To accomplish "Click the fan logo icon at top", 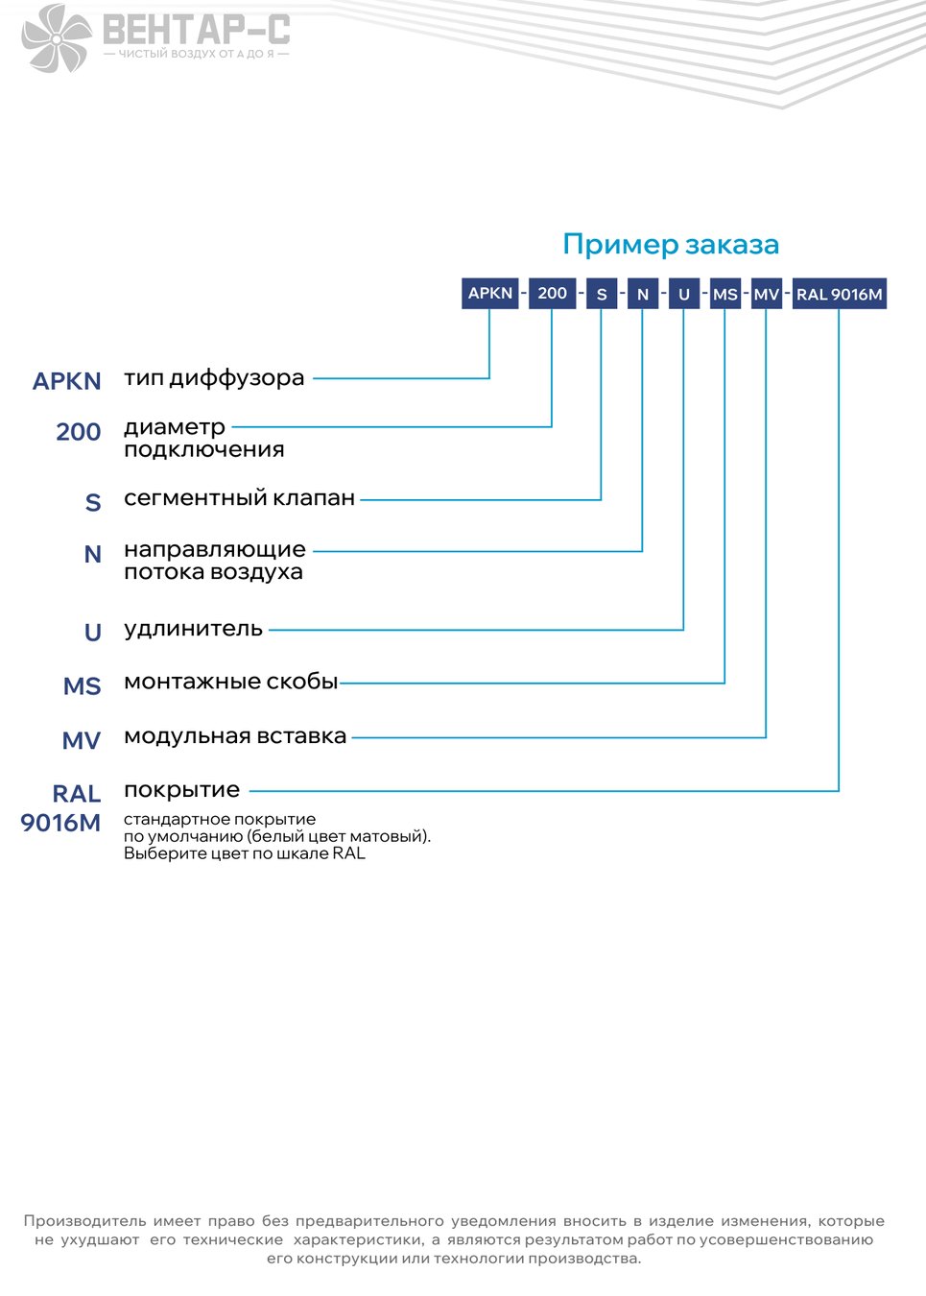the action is tap(57, 38).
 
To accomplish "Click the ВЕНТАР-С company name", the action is tap(197, 30).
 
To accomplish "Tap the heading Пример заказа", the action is tap(671, 244).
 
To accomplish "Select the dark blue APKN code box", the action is tap(490, 294).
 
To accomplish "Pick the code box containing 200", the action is tap(553, 294).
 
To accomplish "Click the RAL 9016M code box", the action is tap(840, 294).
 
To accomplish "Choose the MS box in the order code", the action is tap(725, 294).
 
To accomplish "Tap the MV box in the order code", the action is tap(767, 294).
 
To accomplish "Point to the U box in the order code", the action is tap(684, 294).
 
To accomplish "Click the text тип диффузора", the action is tap(214, 378).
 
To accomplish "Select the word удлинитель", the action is tap(193, 629).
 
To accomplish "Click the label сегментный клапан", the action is tap(240, 497).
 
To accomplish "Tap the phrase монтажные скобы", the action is tap(230, 682).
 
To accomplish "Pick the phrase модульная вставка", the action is tap(235, 736).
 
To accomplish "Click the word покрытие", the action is tap(181, 790).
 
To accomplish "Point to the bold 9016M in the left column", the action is tap(60, 823).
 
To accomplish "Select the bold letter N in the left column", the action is tap(92, 554).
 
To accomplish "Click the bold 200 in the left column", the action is tap(78, 432).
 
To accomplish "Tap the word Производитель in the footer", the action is tap(84, 1221).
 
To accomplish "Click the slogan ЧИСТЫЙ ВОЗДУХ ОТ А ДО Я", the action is tap(196, 54).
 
